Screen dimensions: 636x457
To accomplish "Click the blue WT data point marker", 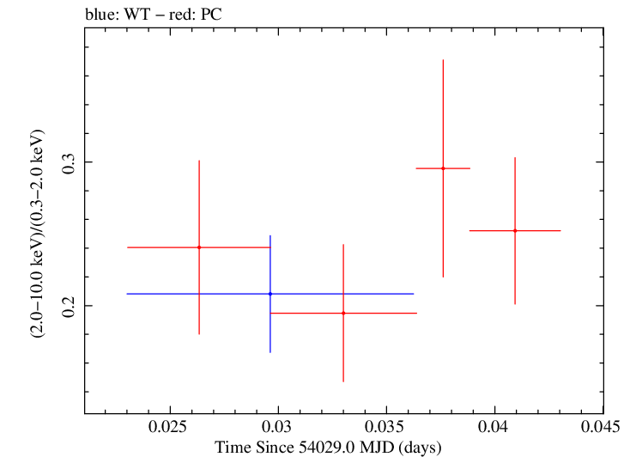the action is coord(270,294).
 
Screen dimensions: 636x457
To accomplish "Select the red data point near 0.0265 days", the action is coord(199,247).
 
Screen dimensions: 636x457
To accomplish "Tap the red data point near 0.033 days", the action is coord(343,313).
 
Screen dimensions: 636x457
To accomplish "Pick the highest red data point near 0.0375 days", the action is coord(443,168).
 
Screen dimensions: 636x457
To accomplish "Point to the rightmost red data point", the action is coord(515,230).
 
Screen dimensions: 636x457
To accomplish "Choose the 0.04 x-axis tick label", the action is coord(494,427).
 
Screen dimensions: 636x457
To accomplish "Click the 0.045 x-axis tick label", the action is coord(600,427).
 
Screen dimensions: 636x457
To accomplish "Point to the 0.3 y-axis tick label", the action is coord(69,163).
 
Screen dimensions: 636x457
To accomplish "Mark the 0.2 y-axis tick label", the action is coord(69,308).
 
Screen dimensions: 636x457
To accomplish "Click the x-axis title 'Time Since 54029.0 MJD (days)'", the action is coord(328,448).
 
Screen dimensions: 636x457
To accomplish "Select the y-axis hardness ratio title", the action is coord(37,234).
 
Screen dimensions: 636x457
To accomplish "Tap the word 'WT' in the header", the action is coord(137,15).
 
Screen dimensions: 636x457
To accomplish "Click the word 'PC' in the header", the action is coord(211,15).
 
